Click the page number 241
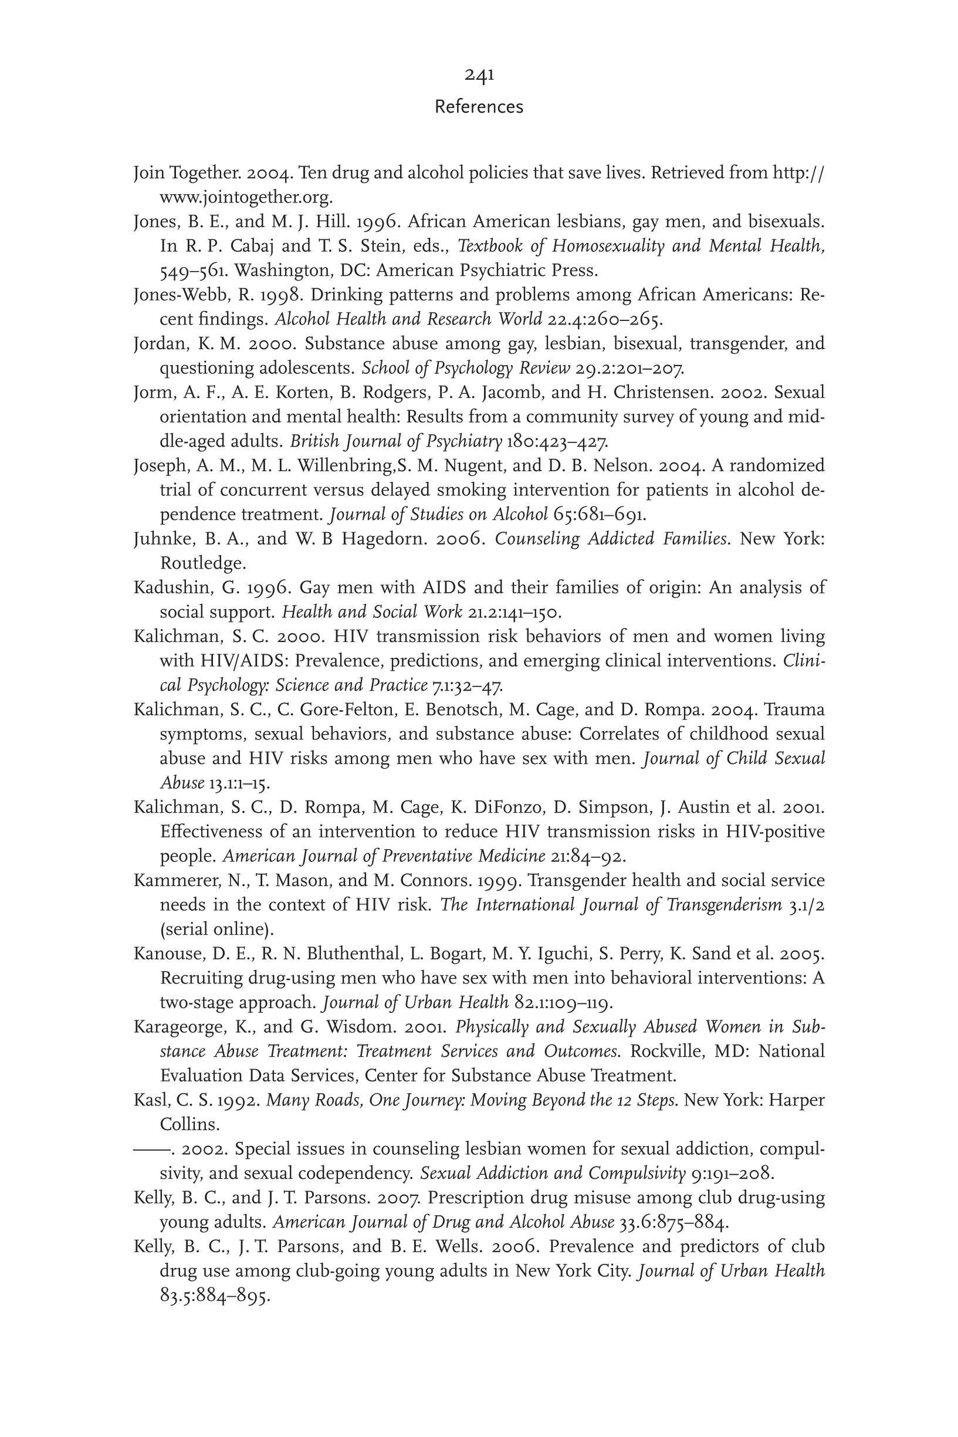pyautogui.click(x=479, y=75)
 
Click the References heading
pyautogui.click(x=479, y=107)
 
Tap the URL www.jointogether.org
pyautogui.click(x=246, y=197)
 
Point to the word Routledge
pyautogui.click(x=202, y=563)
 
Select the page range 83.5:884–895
pyautogui.click(x=215, y=1295)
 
